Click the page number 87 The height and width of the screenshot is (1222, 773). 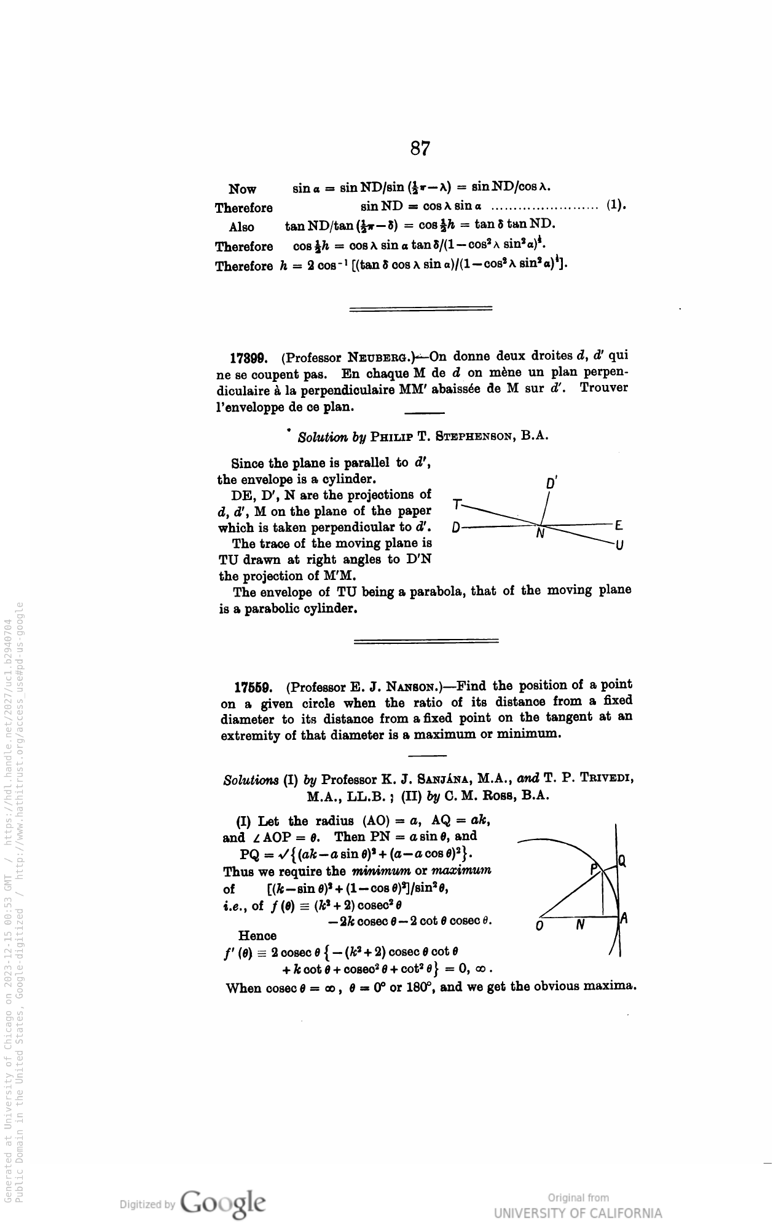coord(420,148)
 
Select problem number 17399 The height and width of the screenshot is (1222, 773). coord(248,357)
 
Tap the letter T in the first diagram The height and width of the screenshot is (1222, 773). coord(457,504)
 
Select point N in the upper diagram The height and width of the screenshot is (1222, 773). coord(540,534)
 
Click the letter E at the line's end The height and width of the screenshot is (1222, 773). coord(619,526)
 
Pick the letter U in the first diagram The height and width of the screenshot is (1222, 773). coord(619,546)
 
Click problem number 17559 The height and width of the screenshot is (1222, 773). coord(252,686)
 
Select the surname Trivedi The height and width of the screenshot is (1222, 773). coord(605,779)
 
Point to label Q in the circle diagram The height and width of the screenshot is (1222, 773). coord(622,861)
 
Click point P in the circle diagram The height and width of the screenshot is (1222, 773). coord(594,869)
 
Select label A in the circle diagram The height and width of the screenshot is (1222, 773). coord(624,919)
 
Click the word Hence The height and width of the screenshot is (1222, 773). coord(257,936)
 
